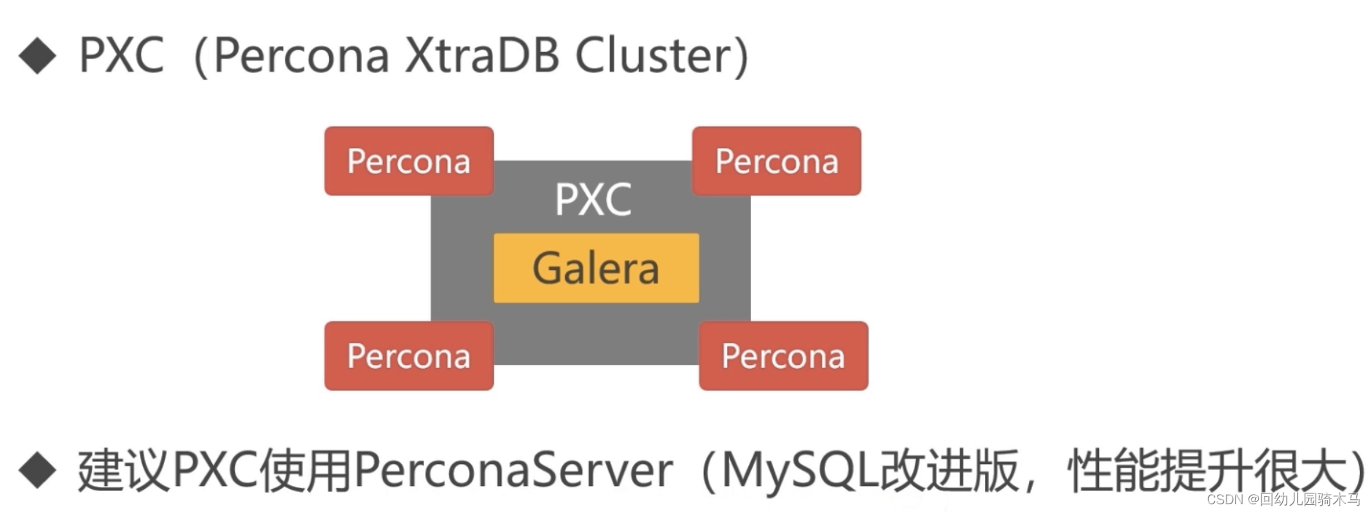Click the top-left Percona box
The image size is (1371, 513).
click(x=408, y=161)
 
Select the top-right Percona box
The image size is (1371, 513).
click(x=776, y=161)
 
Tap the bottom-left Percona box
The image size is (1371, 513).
click(x=408, y=356)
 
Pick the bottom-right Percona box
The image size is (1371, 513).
click(x=783, y=356)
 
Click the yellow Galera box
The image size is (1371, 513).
click(x=596, y=268)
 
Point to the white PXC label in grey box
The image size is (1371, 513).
click(x=593, y=199)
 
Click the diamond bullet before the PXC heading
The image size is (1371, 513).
click(x=37, y=56)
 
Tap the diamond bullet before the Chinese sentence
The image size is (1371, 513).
click(x=37, y=470)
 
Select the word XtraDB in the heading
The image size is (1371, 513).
click(x=481, y=55)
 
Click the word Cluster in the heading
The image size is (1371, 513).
click(x=653, y=55)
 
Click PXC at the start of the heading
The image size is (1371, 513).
click(x=121, y=55)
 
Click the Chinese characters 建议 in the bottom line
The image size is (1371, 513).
click(x=124, y=470)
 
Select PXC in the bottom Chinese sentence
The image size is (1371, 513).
click(x=214, y=470)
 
